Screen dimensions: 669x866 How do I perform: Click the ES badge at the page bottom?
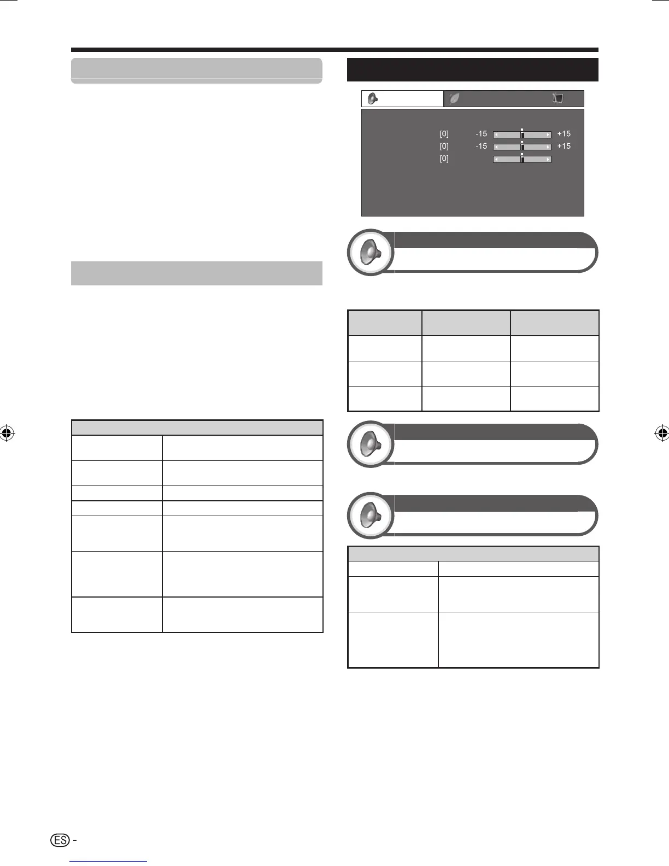[60, 840]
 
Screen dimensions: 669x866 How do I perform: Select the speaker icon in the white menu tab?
[373, 98]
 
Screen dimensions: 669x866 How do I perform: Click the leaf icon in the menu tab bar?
[454, 98]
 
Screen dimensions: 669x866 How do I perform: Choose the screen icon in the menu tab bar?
[557, 98]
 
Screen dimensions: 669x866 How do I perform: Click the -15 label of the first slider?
[481, 134]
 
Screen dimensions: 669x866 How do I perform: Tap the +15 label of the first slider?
[564, 134]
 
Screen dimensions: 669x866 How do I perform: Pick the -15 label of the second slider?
[481, 147]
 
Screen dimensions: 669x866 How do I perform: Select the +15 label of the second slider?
[564, 147]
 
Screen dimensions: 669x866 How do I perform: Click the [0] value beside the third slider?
[444, 159]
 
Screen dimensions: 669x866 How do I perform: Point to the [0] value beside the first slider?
[444, 134]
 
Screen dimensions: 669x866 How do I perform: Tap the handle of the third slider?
[522, 159]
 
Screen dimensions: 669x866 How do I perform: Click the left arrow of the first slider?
[496, 134]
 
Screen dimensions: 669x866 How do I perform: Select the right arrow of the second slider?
[548, 147]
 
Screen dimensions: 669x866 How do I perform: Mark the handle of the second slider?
[522, 147]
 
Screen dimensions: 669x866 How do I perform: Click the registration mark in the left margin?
[8, 434]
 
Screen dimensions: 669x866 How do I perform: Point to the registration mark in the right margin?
[661, 434]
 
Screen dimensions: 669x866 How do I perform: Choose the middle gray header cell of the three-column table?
[466, 323]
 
